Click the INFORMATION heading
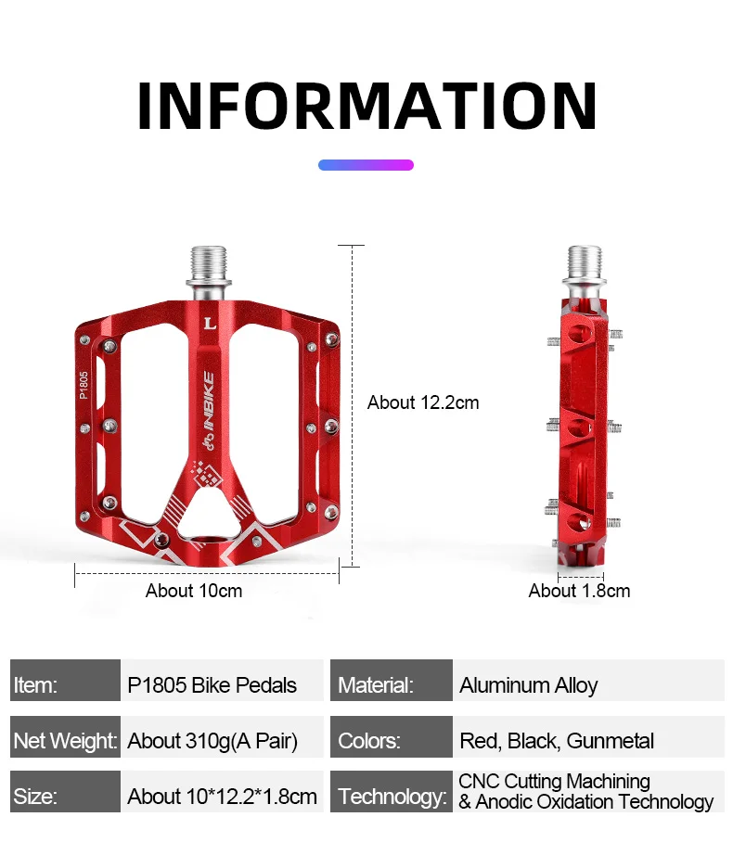coord(366,105)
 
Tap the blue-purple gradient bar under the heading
coord(366,165)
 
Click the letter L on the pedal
coord(209,324)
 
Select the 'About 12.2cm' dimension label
coord(423,402)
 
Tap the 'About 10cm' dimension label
coord(194,591)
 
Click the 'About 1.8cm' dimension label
coord(579,591)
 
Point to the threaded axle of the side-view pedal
coord(581,266)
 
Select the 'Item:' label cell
coord(65,685)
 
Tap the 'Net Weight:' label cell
coord(65,741)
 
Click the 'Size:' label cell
coord(65,797)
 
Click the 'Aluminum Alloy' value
coord(529,685)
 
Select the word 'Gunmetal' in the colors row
coord(611,741)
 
